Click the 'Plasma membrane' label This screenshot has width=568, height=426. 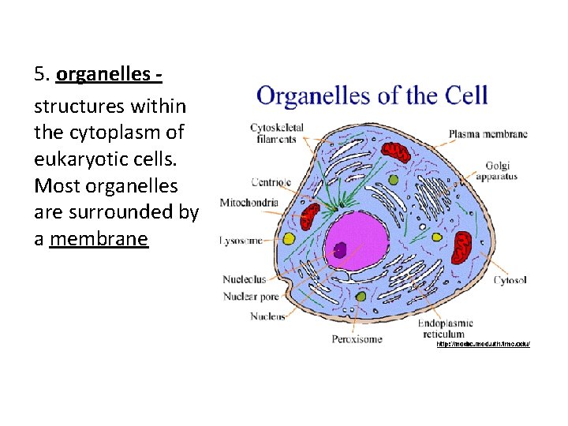point(488,134)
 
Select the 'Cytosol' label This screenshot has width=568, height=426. point(510,280)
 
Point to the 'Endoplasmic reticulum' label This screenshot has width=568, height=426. point(445,328)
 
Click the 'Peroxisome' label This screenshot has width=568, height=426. point(357,339)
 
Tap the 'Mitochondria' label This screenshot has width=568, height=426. point(249,203)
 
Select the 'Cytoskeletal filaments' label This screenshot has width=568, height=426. point(273,133)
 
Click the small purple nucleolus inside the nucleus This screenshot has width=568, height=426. point(340,249)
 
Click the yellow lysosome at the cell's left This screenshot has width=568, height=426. point(290,238)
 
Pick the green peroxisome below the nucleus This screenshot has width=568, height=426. point(361,297)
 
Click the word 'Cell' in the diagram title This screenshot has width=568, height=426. point(466,96)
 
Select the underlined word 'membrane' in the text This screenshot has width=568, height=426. point(99,238)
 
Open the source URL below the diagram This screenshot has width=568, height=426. point(483,344)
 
